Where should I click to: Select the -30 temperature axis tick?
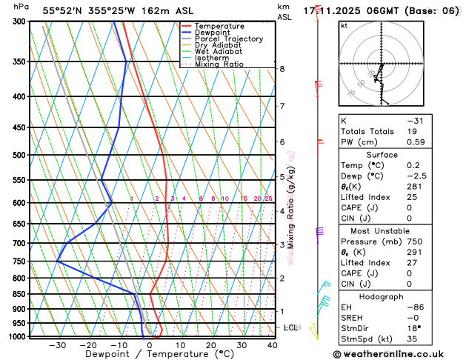coord(57,345)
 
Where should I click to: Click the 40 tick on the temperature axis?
coord(273,345)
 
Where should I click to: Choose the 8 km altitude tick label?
coord(282,69)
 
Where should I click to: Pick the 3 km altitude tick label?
coord(282,244)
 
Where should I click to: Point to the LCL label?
coord(290,327)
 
